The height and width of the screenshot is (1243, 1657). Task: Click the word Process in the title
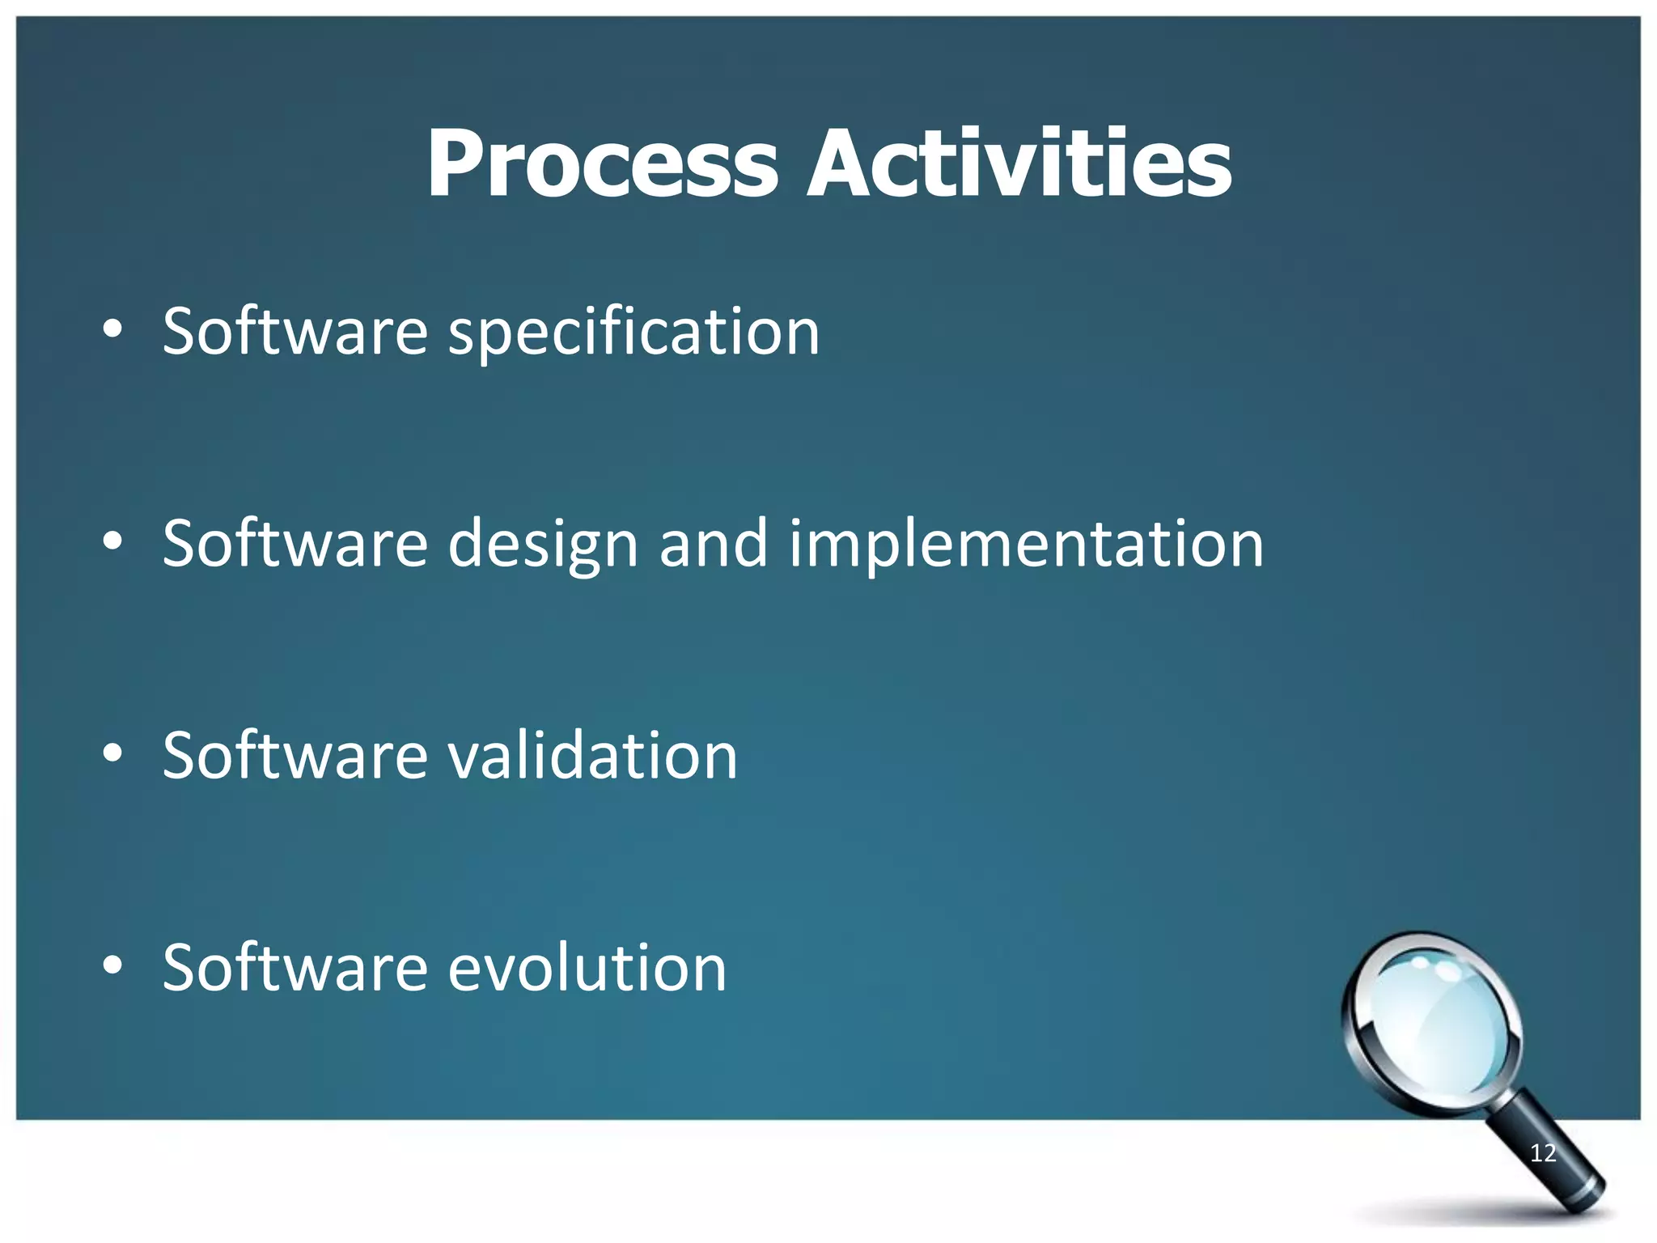(602, 164)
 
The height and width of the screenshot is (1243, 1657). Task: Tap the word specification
(634, 333)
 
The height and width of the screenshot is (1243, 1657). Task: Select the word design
(543, 545)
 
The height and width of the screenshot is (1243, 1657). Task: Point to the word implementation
(1026, 545)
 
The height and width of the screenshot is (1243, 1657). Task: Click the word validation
(592, 756)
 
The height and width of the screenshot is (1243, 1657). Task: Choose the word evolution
(587, 968)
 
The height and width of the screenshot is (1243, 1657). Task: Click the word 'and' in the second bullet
(713, 544)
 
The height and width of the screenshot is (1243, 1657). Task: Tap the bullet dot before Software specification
(112, 329)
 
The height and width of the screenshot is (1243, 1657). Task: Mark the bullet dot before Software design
(112, 541)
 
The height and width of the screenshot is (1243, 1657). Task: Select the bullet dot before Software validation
(112, 753)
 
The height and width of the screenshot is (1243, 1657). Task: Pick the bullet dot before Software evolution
(112, 965)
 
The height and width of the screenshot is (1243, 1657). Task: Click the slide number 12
(1543, 1153)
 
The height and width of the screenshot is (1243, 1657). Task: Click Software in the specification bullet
(295, 331)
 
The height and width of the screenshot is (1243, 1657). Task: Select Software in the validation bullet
(295, 755)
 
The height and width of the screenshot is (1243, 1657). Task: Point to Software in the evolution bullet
(295, 967)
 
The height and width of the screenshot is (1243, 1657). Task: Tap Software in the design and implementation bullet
(295, 543)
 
